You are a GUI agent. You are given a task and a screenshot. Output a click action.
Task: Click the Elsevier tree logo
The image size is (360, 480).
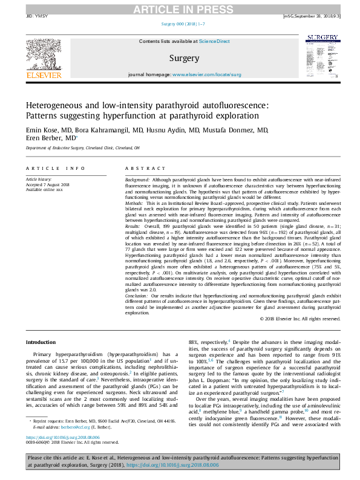43,54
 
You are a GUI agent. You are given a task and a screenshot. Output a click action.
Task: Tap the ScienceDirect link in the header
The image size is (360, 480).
215,41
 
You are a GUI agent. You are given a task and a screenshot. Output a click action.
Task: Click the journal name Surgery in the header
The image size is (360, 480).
185,58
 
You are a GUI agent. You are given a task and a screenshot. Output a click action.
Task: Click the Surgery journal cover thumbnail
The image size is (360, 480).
321,56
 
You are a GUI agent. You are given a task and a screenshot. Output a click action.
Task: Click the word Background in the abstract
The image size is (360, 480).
137,180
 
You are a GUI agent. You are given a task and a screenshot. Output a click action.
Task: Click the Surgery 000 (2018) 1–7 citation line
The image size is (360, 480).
180,23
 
